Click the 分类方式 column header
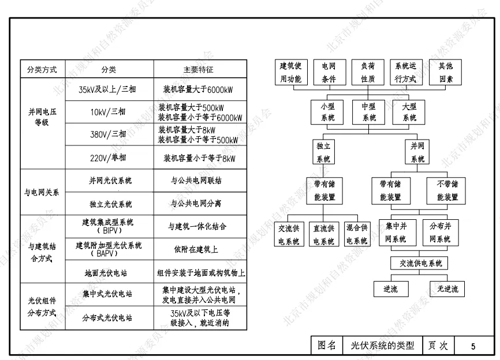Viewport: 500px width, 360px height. coord(42,69)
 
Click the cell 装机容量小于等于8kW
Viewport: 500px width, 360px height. coord(200,157)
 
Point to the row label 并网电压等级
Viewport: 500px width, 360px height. coord(42,118)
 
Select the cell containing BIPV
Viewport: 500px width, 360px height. coord(109,227)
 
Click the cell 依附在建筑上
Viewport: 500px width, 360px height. coord(200,249)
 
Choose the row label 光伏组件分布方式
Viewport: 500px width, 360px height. coord(42,306)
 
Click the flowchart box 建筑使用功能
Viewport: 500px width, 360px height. coord(290,73)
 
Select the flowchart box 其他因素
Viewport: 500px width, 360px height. coord(446,73)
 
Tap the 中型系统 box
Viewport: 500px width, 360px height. coord(368,112)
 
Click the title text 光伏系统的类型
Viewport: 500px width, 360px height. coord(382,346)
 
